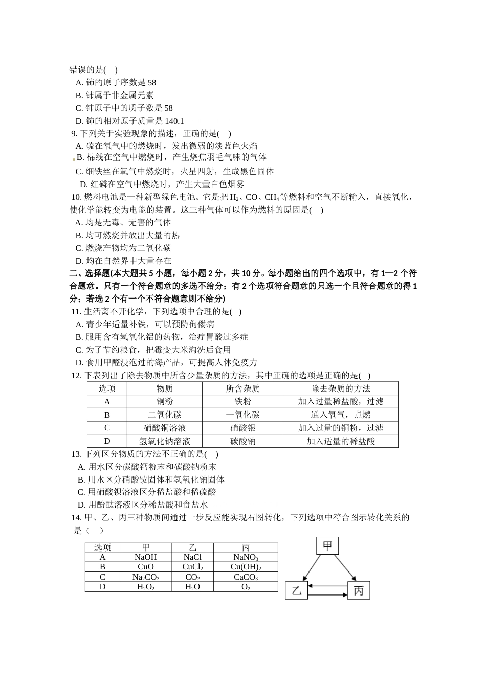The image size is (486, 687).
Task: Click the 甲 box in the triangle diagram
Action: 327,546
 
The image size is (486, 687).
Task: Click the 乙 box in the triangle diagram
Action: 296,591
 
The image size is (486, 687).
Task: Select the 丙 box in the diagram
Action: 358,591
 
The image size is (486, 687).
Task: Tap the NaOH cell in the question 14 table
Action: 145,557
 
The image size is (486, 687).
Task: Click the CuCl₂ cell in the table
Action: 192,567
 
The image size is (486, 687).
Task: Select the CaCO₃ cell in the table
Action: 246,577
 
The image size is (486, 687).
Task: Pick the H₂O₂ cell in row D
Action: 145,587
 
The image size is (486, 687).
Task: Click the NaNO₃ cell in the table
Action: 246,557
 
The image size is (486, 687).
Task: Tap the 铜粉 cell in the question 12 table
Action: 164,402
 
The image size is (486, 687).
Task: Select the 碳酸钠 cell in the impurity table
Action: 242,441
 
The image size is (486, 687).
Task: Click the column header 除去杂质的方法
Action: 340,388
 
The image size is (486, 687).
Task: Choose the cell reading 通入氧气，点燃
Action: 340,415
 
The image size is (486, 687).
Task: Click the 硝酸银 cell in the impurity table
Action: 242,428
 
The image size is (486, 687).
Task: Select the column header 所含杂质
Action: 242,388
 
